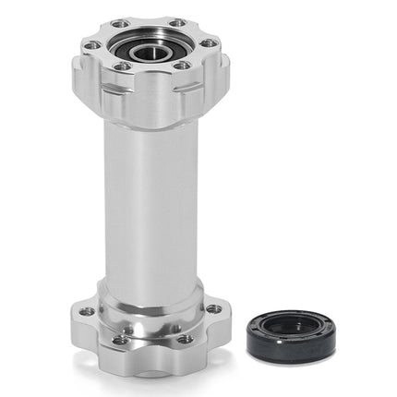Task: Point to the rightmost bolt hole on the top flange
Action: point(211,42)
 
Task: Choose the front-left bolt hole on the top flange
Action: point(122,66)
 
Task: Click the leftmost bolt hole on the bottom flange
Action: point(87,312)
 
